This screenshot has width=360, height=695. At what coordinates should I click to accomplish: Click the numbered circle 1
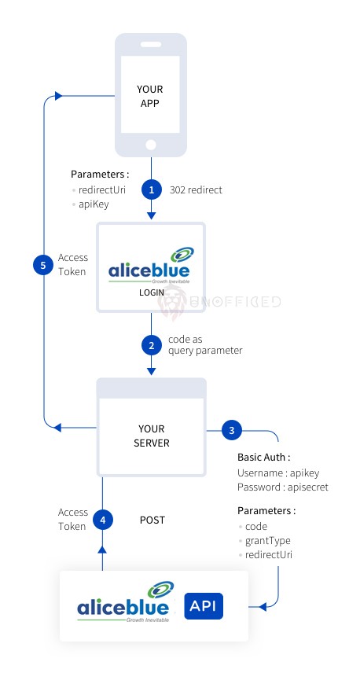pyautogui.click(x=152, y=189)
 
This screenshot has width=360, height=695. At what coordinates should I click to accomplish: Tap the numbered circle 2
pyautogui.click(x=152, y=345)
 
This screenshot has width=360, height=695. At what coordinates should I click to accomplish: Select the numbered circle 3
pyautogui.click(x=231, y=430)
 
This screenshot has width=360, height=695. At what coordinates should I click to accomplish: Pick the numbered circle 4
pyautogui.click(x=103, y=520)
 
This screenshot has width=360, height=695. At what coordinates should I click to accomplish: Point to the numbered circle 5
pyautogui.click(x=43, y=265)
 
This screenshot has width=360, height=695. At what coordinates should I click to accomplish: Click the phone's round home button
pyautogui.click(x=151, y=145)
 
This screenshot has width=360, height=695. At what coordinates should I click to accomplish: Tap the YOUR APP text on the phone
pyautogui.click(x=150, y=96)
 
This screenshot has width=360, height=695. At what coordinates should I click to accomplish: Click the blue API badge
pyautogui.click(x=204, y=606)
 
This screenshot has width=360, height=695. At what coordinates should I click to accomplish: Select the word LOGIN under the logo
pyautogui.click(x=152, y=292)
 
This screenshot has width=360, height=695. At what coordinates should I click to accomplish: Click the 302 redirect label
pyautogui.click(x=196, y=189)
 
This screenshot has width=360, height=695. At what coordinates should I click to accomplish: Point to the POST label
pyautogui.click(x=152, y=520)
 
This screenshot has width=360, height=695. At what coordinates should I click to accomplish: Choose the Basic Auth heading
pyautogui.click(x=264, y=457)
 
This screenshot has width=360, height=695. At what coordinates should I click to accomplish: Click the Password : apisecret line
pyautogui.click(x=283, y=487)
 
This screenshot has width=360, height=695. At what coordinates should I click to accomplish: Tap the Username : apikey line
pyautogui.click(x=278, y=473)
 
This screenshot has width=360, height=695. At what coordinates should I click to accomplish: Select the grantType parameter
pyautogui.click(x=268, y=541)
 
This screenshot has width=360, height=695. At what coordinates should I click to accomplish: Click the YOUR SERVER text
pyautogui.click(x=152, y=436)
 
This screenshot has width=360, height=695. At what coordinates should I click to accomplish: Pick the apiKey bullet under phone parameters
pyautogui.click(x=94, y=204)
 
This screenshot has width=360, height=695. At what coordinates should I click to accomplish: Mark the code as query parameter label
pyautogui.click(x=205, y=345)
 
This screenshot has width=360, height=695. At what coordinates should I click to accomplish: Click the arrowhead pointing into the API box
pyautogui.click(x=263, y=606)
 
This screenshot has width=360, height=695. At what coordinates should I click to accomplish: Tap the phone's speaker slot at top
pyautogui.click(x=151, y=45)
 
